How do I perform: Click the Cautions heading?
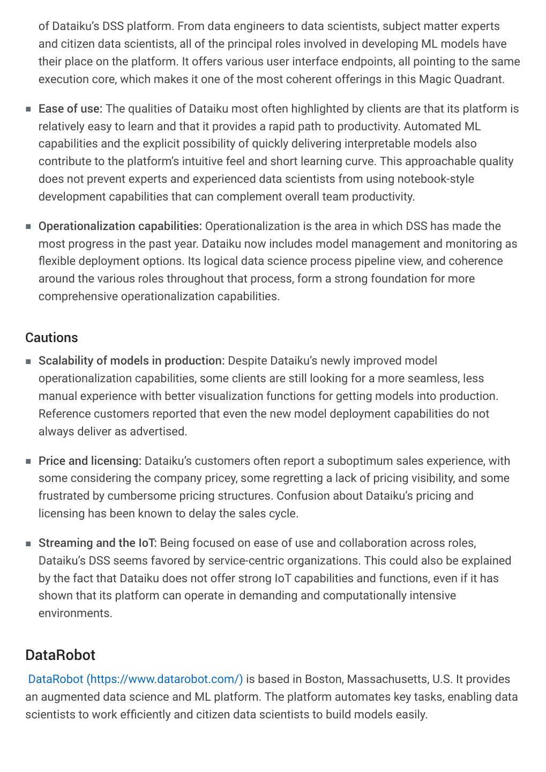[x=51, y=338]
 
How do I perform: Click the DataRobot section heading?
[x=60, y=655]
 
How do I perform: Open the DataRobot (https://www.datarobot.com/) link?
[x=135, y=679]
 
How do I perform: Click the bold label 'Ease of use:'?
[x=70, y=109]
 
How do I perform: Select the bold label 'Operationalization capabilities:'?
[x=120, y=226]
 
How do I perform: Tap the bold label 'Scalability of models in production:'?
[x=131, y=361]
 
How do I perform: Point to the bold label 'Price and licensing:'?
[x=89, y=461]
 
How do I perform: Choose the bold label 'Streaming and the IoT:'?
[x=98, y=543]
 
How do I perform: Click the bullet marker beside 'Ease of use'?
[x=28, y=109]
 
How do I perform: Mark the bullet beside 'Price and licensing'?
[x=28, y=462]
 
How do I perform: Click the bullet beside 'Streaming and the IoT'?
[x=28, y=544]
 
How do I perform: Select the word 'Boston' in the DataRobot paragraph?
[x=324, y=679]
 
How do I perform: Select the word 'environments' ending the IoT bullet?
[x=74, y=613]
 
